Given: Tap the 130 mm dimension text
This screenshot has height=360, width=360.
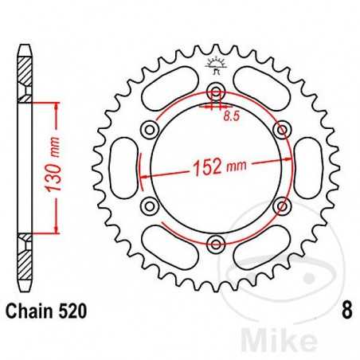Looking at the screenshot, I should coord(57,169).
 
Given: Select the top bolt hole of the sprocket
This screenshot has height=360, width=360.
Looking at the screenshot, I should coord(213,90).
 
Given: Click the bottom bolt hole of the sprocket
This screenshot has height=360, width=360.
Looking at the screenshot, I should coord(213,244).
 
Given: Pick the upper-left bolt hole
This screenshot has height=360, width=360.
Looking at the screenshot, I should coord(147,129).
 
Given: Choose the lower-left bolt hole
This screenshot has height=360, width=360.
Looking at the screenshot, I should coord(147,205).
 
